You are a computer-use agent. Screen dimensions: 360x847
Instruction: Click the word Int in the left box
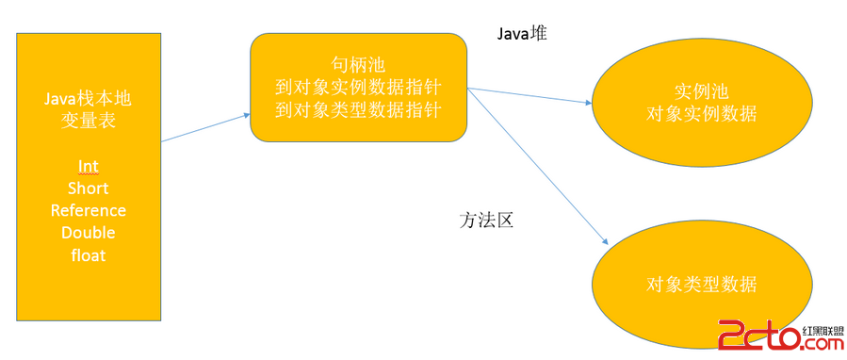[89, 167]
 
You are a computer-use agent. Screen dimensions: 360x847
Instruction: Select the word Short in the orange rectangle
[89, 188]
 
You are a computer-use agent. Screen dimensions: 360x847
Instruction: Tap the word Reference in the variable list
[89, 210]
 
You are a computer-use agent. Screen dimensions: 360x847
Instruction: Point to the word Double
[89, 232]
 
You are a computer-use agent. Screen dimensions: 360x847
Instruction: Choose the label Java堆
[522, 33]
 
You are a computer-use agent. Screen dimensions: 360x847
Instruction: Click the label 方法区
[486, 221]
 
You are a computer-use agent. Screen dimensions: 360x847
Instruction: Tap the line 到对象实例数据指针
[359, 88]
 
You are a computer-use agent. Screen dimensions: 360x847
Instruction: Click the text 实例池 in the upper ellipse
[702, 92]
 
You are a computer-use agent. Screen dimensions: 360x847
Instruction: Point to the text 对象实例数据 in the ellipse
[702, 114]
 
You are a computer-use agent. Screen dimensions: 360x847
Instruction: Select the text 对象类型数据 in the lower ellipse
[702, 285]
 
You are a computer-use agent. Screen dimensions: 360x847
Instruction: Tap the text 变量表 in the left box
[89, 122]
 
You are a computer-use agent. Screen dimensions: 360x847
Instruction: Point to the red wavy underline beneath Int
[89, 175]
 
